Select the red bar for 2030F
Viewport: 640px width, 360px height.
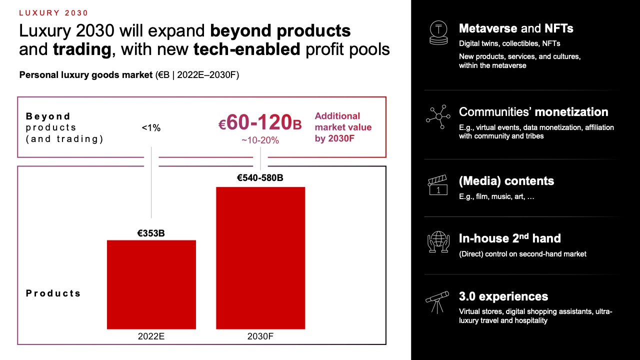click(260, 257)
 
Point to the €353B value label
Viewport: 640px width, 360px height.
click(151, 233)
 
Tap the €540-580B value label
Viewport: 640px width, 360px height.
click(260, 178)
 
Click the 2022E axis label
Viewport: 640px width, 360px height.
click(151, 336)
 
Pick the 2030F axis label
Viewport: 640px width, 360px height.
click(260, 336)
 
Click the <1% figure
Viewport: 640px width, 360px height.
click(151, 128)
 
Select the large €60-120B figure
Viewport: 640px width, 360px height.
click(260, 123)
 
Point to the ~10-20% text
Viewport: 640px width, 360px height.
click(260, 140)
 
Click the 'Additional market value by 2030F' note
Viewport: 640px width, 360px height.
click(343, 127)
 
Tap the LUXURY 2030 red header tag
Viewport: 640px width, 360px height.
click(54, 13)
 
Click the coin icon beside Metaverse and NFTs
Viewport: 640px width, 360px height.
click(438, 33)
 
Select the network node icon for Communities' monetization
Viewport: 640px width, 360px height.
click(438, 117)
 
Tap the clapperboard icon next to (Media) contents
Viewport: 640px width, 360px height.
click(438, 185)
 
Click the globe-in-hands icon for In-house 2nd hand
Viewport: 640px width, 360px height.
click(438, 242)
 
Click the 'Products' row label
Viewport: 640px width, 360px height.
click(53, 293)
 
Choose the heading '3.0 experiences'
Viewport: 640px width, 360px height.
click(503, 296)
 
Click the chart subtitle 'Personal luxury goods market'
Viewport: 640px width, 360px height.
click(86, 75)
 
